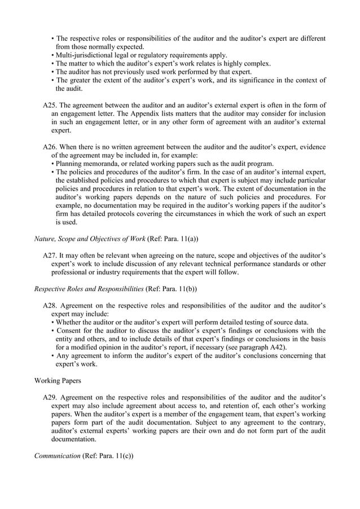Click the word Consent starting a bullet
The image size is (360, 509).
69,331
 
